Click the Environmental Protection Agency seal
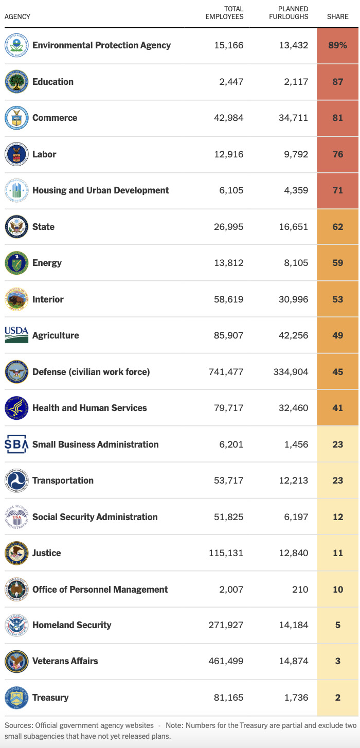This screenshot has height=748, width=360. point(15,46)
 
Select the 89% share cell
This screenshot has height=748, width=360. point(337,45)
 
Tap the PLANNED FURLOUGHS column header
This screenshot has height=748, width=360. point(289,13)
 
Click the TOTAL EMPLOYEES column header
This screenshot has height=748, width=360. point(224,13)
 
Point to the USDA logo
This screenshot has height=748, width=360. point(15,335)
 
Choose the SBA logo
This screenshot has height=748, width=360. point(15,444)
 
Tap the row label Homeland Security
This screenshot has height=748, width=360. point(71,625)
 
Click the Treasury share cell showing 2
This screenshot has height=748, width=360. point(337,698)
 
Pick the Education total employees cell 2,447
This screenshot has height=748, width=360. point(229,82)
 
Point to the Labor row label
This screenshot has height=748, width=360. point(44,154)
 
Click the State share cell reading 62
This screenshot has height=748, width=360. point(337,227)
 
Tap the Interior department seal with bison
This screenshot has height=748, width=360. point(15,299)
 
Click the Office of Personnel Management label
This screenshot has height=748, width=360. point(100,589)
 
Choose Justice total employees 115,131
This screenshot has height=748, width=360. point(226,553)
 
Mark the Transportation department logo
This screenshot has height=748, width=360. point(15,480)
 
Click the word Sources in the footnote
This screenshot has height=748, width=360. point(20,725)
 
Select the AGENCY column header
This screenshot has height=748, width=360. point(17,16)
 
